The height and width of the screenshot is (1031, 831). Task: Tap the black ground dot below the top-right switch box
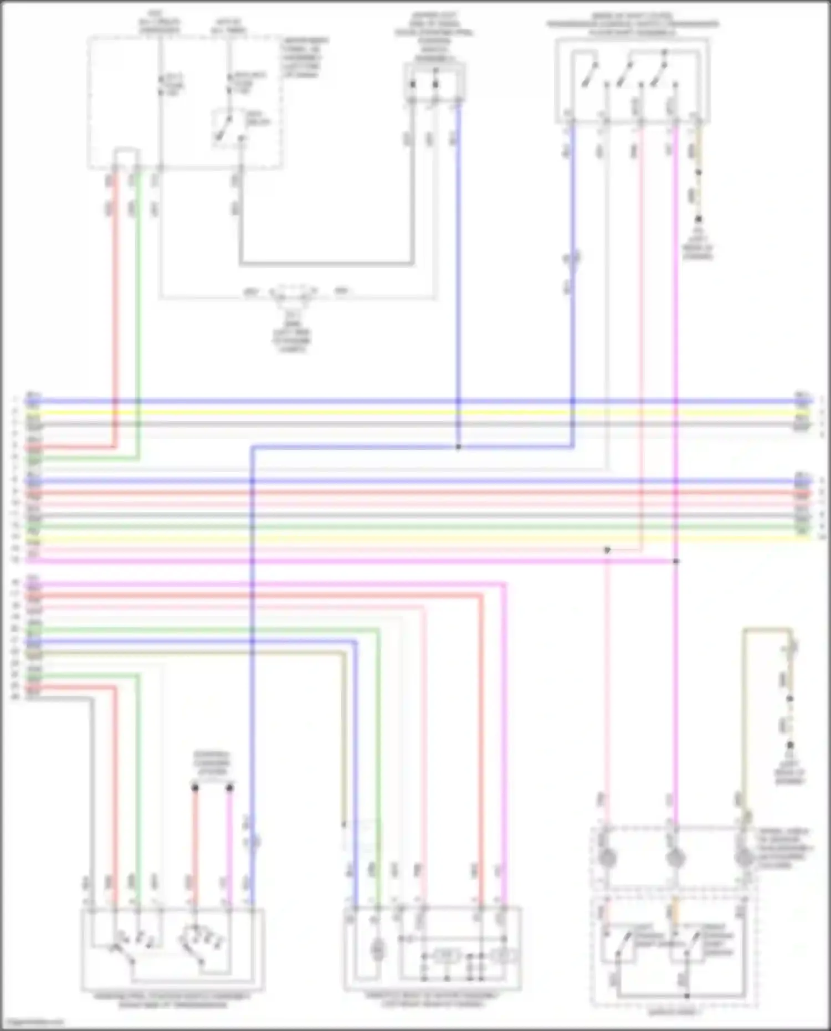pos(699,219)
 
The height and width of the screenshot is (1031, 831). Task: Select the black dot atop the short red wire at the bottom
pos(194,787)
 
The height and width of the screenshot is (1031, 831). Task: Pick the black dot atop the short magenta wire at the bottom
pos(230,787)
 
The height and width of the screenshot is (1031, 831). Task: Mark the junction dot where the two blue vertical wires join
pos(458,447)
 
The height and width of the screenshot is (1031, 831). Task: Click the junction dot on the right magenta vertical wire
pos(676,561)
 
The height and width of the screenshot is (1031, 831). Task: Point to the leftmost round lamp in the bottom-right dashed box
pos(608,858)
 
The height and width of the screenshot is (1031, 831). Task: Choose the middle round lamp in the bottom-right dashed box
pos(675,858)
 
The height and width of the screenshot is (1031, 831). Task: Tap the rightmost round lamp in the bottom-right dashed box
pos(743,858)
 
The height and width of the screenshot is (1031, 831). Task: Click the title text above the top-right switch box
pos(633,25)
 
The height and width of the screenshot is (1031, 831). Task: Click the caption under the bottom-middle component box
pos(432,999)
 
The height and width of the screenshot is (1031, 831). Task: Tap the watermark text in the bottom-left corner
pos(32,1023)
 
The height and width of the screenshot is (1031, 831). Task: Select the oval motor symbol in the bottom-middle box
pos(377,951)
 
